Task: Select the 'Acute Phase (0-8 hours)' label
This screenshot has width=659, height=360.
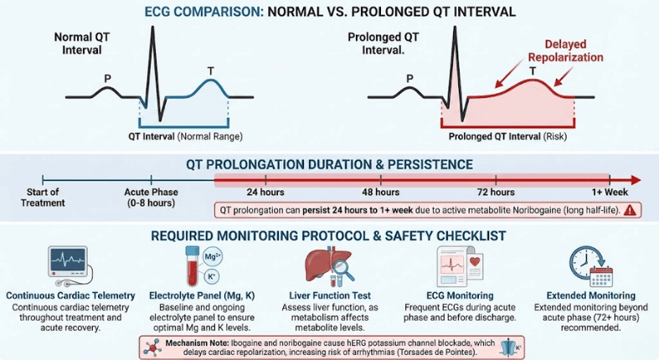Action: pyautogui.click(x=151, y=196)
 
